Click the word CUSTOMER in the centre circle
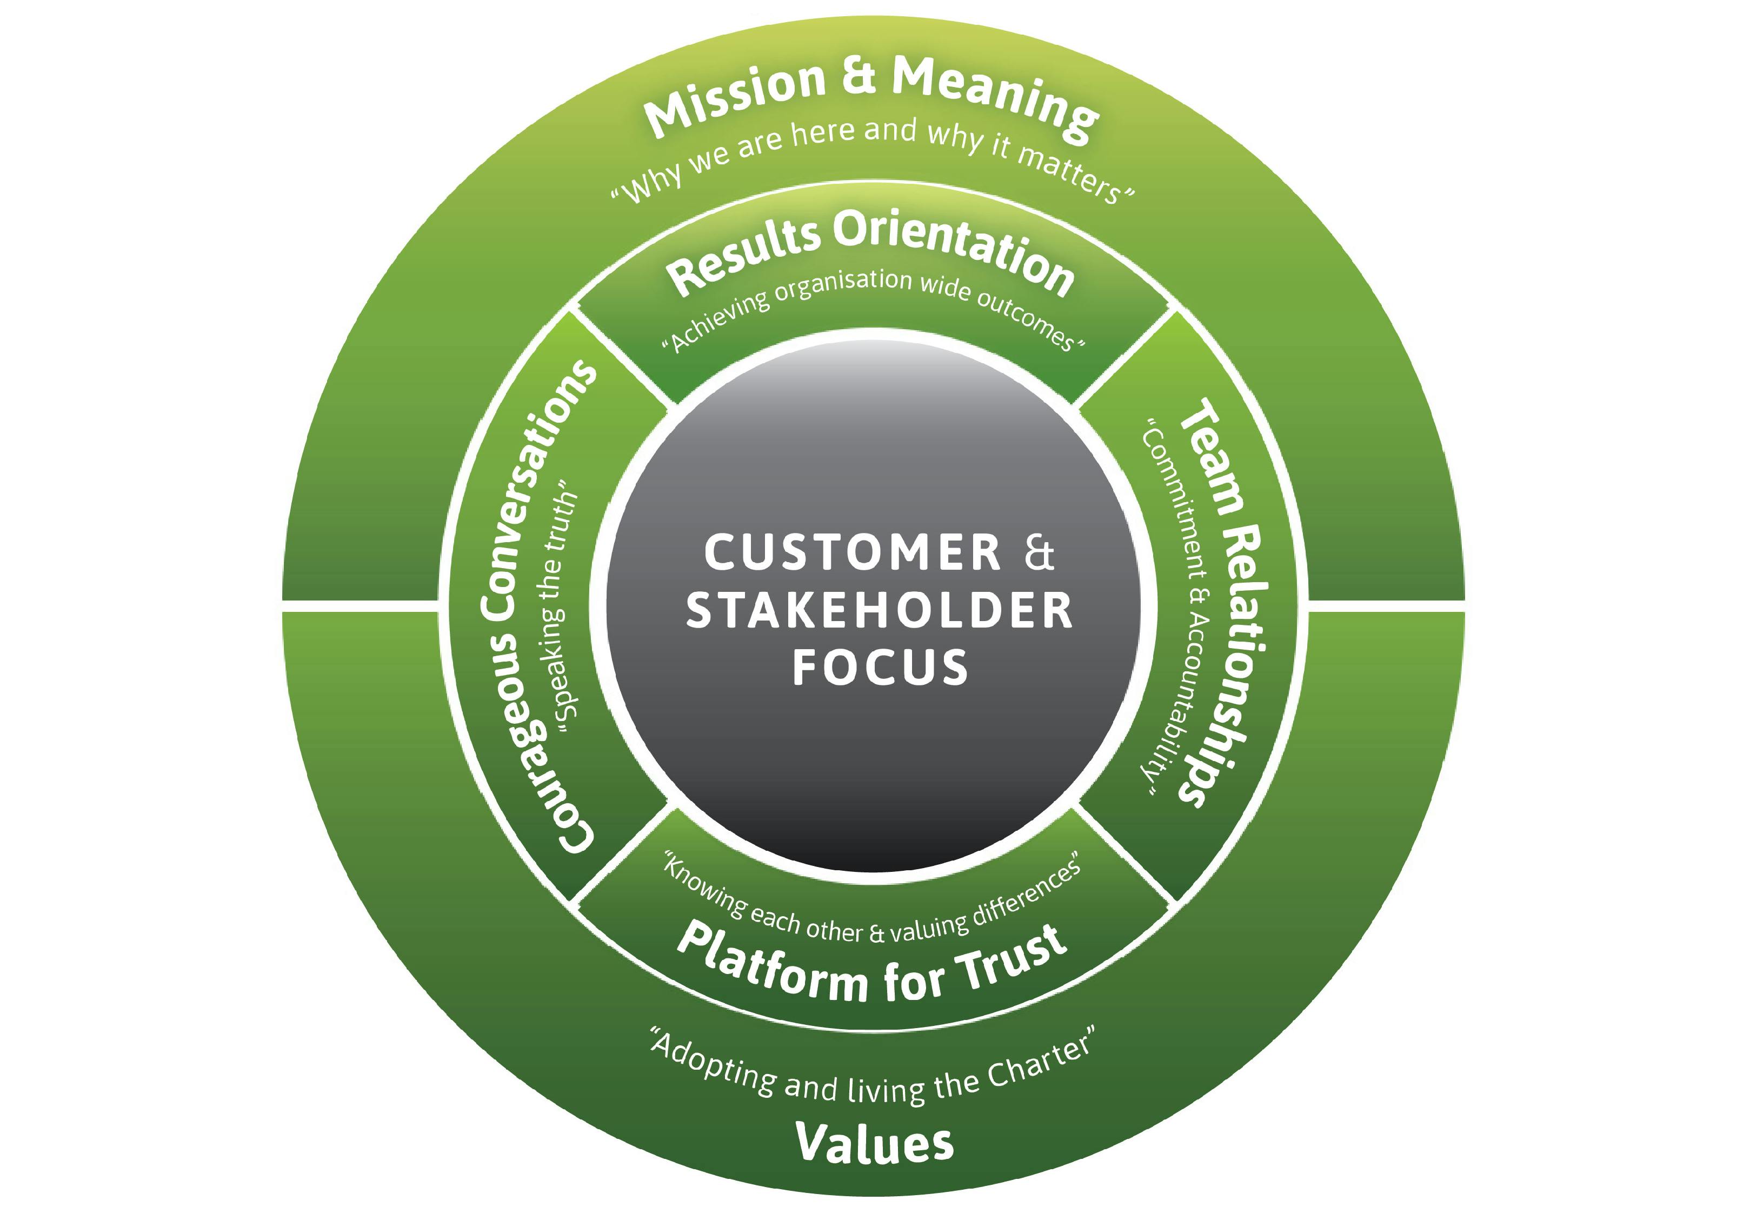853,552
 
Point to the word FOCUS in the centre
880,667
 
